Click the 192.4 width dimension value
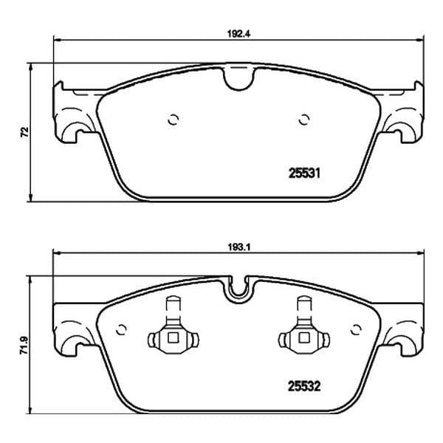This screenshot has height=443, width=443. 239,34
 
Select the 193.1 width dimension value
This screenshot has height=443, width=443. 239,247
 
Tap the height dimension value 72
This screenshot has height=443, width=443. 25,132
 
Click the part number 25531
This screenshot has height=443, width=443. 304,174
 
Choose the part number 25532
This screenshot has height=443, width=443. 304,386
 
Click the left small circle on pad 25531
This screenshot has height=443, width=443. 174,120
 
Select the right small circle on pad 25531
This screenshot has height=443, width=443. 304,120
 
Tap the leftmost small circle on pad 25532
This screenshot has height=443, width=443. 121,329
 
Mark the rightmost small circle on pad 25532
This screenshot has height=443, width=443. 356,329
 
